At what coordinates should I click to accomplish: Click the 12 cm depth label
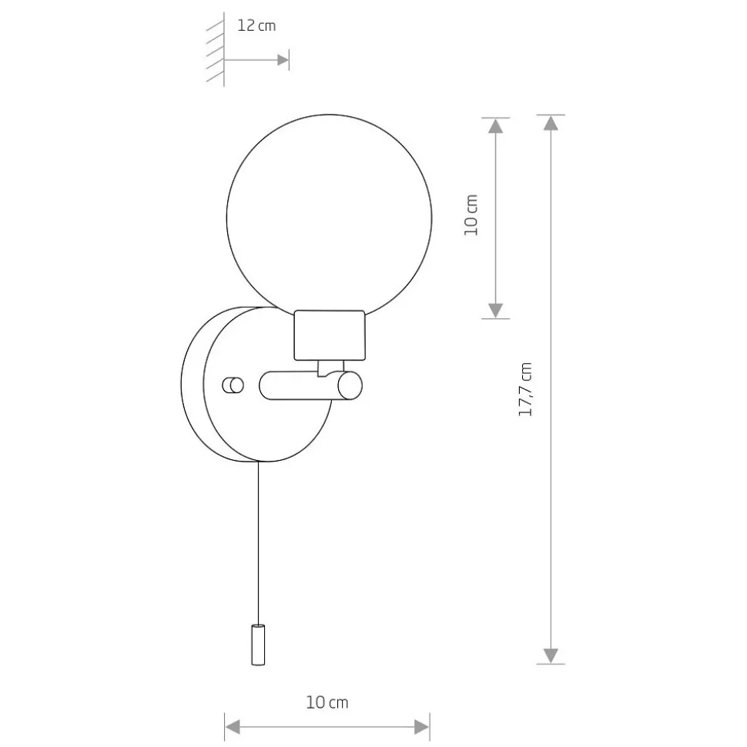click(256, 25)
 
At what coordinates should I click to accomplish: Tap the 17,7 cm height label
click(525, 389)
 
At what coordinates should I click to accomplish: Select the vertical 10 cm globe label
click(471, 215)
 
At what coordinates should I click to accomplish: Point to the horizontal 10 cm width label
click(327, 702)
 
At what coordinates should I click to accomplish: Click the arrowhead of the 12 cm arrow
click(283, 60)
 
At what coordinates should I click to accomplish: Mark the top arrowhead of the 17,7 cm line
click(551, 123)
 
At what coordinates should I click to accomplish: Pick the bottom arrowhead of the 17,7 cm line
click(551, 655)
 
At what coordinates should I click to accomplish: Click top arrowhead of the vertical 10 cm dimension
click(496, 125)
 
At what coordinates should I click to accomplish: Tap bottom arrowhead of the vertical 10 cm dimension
click(496, 311)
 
